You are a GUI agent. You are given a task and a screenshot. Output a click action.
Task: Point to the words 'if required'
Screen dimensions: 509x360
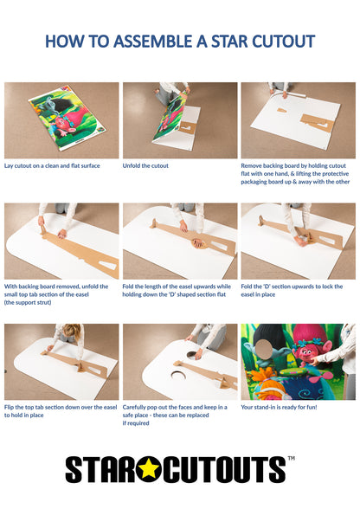[x=137, y=423]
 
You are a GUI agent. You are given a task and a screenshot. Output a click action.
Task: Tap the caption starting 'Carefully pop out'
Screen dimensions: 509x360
[x=175, y=411]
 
